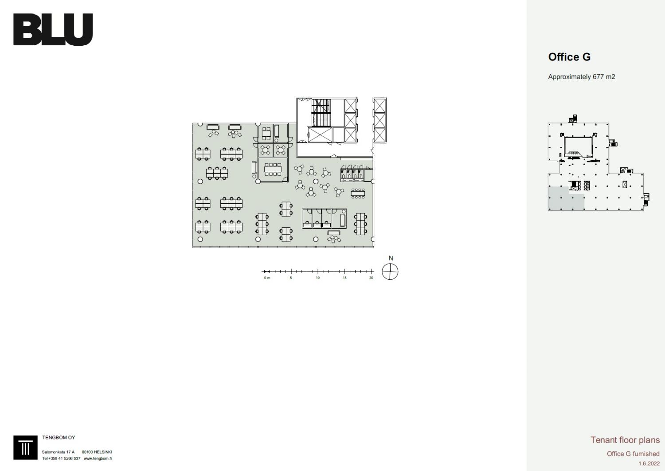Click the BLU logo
pos(53,29)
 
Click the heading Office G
pos(569,57)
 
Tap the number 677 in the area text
pos(598,77)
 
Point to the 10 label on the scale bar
pos(318,278)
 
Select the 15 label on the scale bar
pos(344,278)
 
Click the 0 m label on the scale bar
pos(267,278)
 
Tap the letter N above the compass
pos(391,258)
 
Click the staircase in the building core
pos(321,113)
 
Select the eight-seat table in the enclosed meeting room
pos(273,169)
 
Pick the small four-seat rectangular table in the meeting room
pos(266,134)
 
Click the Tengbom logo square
pos(25,447)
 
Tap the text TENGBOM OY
pos(59,437)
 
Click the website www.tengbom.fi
pos(98,458)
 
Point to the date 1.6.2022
pos(649,463)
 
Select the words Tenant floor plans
pos(625,440)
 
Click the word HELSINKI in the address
pos(103,452)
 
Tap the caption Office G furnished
pos(633,453)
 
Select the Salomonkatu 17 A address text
pos(58,452)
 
